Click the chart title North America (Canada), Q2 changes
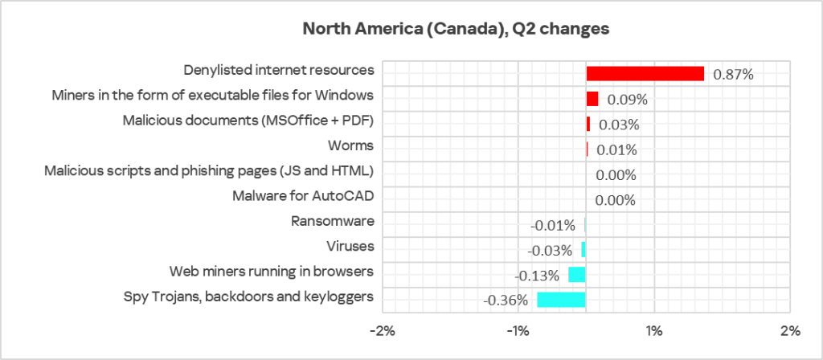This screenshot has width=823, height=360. [x=456, y=29]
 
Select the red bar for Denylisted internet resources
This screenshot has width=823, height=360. [x=645, y=74]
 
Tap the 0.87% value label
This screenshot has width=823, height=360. [x=733, y=75]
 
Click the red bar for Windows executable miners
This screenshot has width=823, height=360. [x=592, y=99]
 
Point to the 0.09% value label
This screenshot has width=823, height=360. [x=627, y=100]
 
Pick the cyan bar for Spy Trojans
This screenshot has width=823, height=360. [x=561, y=300]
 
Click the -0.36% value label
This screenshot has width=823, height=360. [x=506, y=301]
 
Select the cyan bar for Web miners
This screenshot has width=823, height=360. [x=576, y=275]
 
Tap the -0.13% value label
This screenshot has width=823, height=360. [x=537, y=276]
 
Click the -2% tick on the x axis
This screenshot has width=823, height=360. [x=381, y=331]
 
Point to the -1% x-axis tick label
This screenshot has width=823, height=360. [x=517, y=331]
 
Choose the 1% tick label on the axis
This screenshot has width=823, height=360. [x=653, y=331]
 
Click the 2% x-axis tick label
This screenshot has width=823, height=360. [x=790, y=331]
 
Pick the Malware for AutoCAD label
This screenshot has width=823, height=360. [x=303, y=195]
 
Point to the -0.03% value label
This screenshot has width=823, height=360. [x=551, y=250]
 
